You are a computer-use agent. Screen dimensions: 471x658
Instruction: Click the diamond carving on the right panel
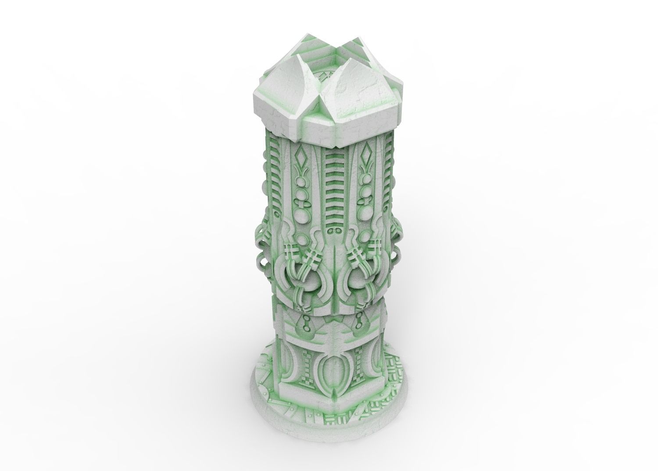tap(365, 157)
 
